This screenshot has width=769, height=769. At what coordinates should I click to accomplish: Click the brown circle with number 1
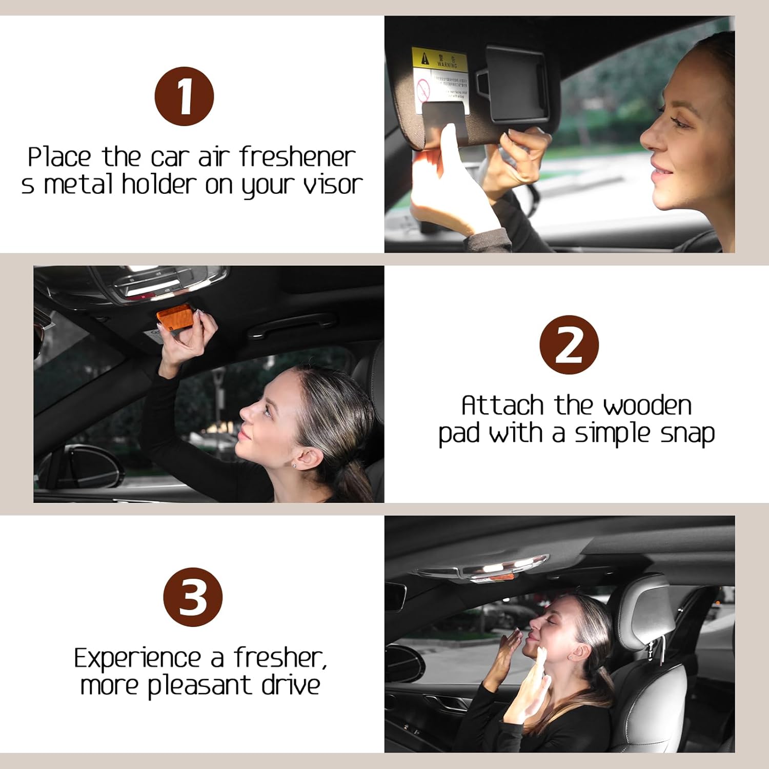[184, 96]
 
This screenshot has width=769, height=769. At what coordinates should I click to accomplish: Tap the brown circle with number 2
[569, 345]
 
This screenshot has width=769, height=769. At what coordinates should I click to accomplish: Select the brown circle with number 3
[193, 597]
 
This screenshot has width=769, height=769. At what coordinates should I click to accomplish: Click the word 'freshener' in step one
[297, 157]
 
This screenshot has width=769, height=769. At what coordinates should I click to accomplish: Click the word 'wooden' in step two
[647, 406]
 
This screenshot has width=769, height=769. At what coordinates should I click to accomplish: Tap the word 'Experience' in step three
[137, 659]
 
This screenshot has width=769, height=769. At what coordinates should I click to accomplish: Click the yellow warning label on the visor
[439, 59]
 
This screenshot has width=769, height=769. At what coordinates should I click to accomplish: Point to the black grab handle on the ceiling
[292, 326]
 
